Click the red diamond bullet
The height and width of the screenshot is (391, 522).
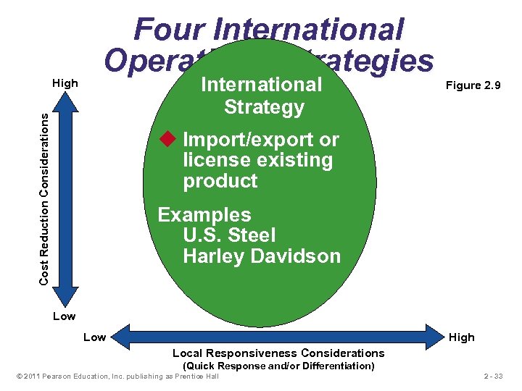pyautogui.click(x=169, y=138)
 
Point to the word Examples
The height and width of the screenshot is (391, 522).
pyautogui.click(x=204, y=215)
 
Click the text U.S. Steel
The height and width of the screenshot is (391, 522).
pyautogui.click(x=229, y=235)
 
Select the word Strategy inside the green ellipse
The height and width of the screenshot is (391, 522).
pyautogui.click(x=264, y=108)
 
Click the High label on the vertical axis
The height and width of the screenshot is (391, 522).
pyautogui.click(x=65, y=83)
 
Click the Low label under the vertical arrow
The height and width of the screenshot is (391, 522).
pyautogui.click(x=64, y=316)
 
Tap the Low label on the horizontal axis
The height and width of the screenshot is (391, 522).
pyautogui.click(x=94, y=337)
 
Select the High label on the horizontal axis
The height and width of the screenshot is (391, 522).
pyautogui.click(x=461, y=337)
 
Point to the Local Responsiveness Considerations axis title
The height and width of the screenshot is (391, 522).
pyautogui.click(x=278, y=353)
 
